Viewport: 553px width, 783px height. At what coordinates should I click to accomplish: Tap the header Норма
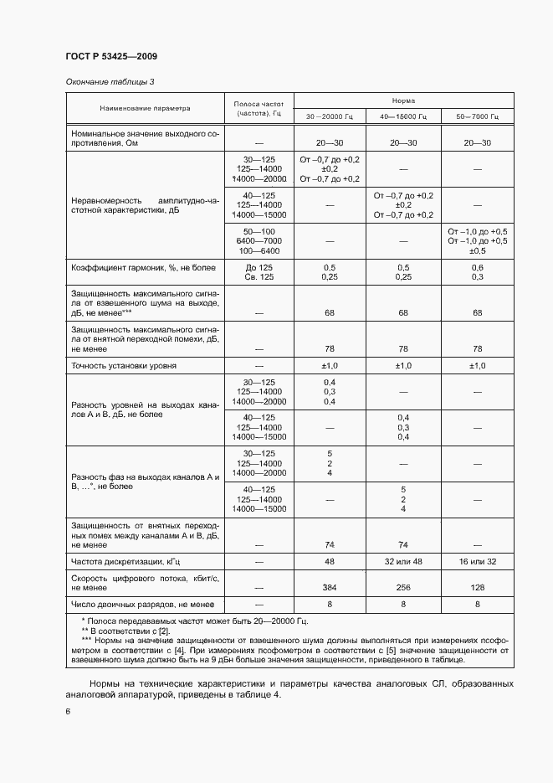pos(403,99)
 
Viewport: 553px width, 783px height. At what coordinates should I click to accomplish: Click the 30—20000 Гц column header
pos(330,117)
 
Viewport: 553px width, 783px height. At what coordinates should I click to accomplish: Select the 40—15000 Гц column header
pos(403,117)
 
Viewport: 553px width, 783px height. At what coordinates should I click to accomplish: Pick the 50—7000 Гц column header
pos(477,117)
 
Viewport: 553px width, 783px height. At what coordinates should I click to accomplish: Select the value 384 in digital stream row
pos(330,588)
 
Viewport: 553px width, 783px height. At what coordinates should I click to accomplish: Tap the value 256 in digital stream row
pos(403,588)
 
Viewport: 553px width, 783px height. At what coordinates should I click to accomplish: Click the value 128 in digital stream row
pos(477,588)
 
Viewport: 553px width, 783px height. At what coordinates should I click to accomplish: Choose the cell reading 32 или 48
pos(403,560)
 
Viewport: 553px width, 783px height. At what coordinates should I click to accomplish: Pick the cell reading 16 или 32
pos(477,560)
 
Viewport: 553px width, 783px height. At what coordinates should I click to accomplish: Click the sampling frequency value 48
pos(330,560)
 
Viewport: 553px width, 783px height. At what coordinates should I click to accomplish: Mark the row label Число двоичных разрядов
pos(142,604)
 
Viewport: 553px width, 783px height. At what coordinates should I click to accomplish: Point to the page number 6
pos(68,711)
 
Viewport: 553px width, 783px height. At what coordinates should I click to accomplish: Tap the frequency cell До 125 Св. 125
pos(259,271)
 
